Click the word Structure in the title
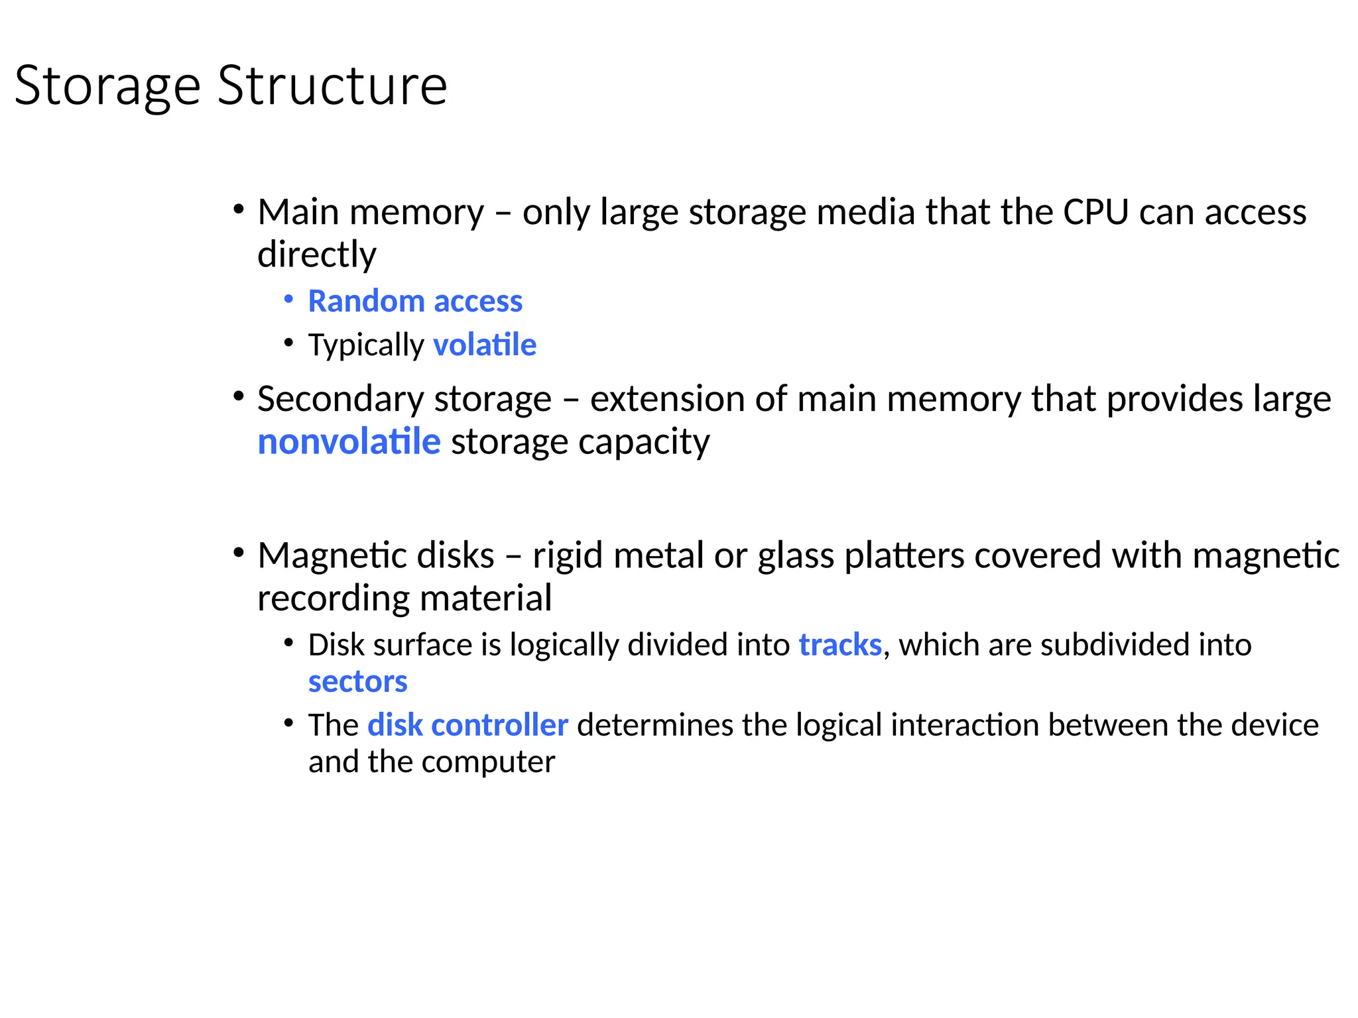point(332,86)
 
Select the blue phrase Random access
point(415,302)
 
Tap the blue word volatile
point(485,345)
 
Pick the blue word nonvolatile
point(349,442)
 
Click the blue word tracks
point(840,645)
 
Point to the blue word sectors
point(357,682)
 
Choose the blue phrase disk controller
point(467,725)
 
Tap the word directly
point(317,255)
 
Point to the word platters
point(904,555)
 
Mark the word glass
point(796,557)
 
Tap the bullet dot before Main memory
point(238,210)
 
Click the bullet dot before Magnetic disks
point(238,553)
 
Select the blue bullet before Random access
point(288,300)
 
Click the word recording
point(334,599)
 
